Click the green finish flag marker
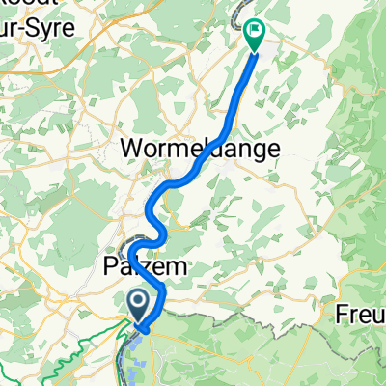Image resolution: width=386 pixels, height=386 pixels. pos(255,34)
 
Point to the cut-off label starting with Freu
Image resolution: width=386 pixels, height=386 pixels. pos(361,315)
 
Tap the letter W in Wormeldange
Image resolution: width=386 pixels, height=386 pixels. pos(132,150)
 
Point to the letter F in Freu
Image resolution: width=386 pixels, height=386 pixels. pos(342,315)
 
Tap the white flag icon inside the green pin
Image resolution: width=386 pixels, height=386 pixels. pos(255,31)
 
